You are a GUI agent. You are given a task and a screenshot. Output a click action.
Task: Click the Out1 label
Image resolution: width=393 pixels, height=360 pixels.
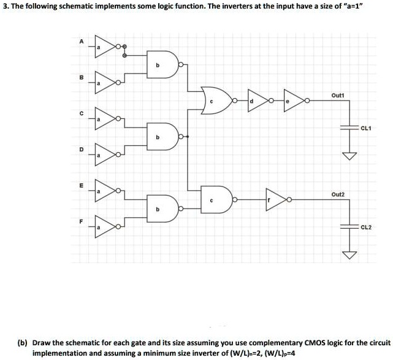[x=338, y=95]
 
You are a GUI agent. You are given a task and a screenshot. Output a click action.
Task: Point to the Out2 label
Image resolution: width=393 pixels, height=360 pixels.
[x=338, y=194]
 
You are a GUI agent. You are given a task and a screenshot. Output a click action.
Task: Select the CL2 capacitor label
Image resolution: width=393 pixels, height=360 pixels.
[x=366, y=226]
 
